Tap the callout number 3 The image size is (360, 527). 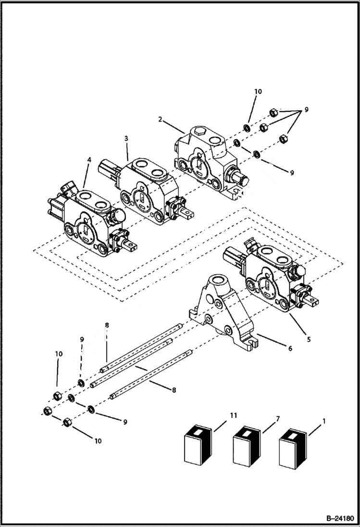pyautogui.click(x=125, y=138)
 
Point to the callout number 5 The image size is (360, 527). pyautogui.click(x=309, y=339)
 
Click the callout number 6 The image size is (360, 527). pyautogui.click(x=289, y=349)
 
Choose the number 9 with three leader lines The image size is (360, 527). pyautogui.click(x=306, y=110)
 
